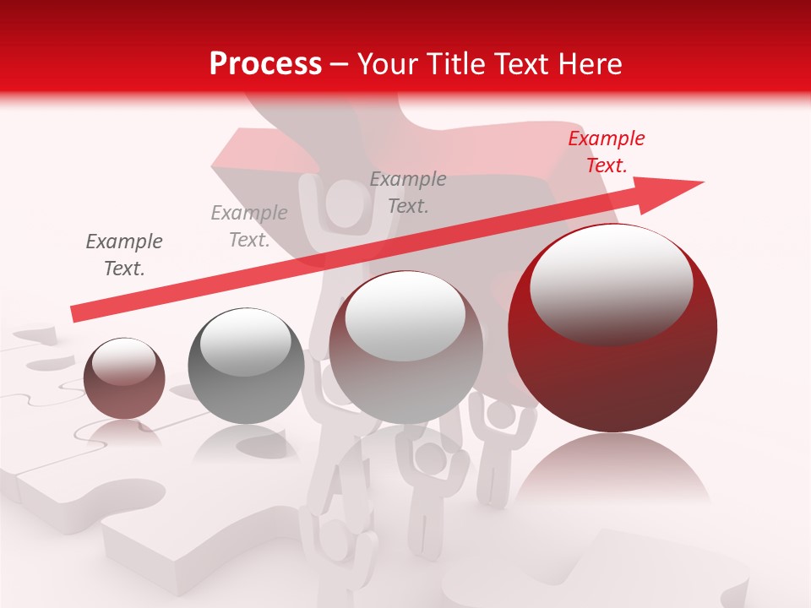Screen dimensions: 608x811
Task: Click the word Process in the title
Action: [265, 64]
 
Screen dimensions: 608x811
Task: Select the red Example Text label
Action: [606, 152]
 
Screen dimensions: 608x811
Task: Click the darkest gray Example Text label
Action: [124, 255]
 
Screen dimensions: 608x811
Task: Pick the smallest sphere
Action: [124, 378]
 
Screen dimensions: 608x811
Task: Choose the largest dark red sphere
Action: [612, 329]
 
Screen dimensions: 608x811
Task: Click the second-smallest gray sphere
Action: [246, 366]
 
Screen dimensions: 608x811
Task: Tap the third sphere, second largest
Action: [405, 347]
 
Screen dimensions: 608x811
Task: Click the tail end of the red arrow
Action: [74, 314]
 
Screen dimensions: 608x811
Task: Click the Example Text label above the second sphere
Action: [249, 226]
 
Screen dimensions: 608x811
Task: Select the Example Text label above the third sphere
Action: [408, 193]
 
